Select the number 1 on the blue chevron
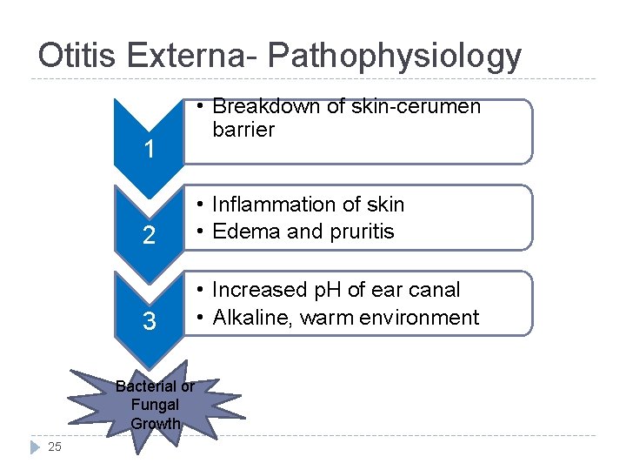(x=150, y=150)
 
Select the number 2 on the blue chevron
(x=150, y=236)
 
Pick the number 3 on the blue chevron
(x=150, y=322)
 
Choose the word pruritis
(x=360, y=232)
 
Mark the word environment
(x=423, y=318)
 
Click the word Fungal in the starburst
(x=155, y=405)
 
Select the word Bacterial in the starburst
(x=143, y=386)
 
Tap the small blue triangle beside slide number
(x=36, y=447)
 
